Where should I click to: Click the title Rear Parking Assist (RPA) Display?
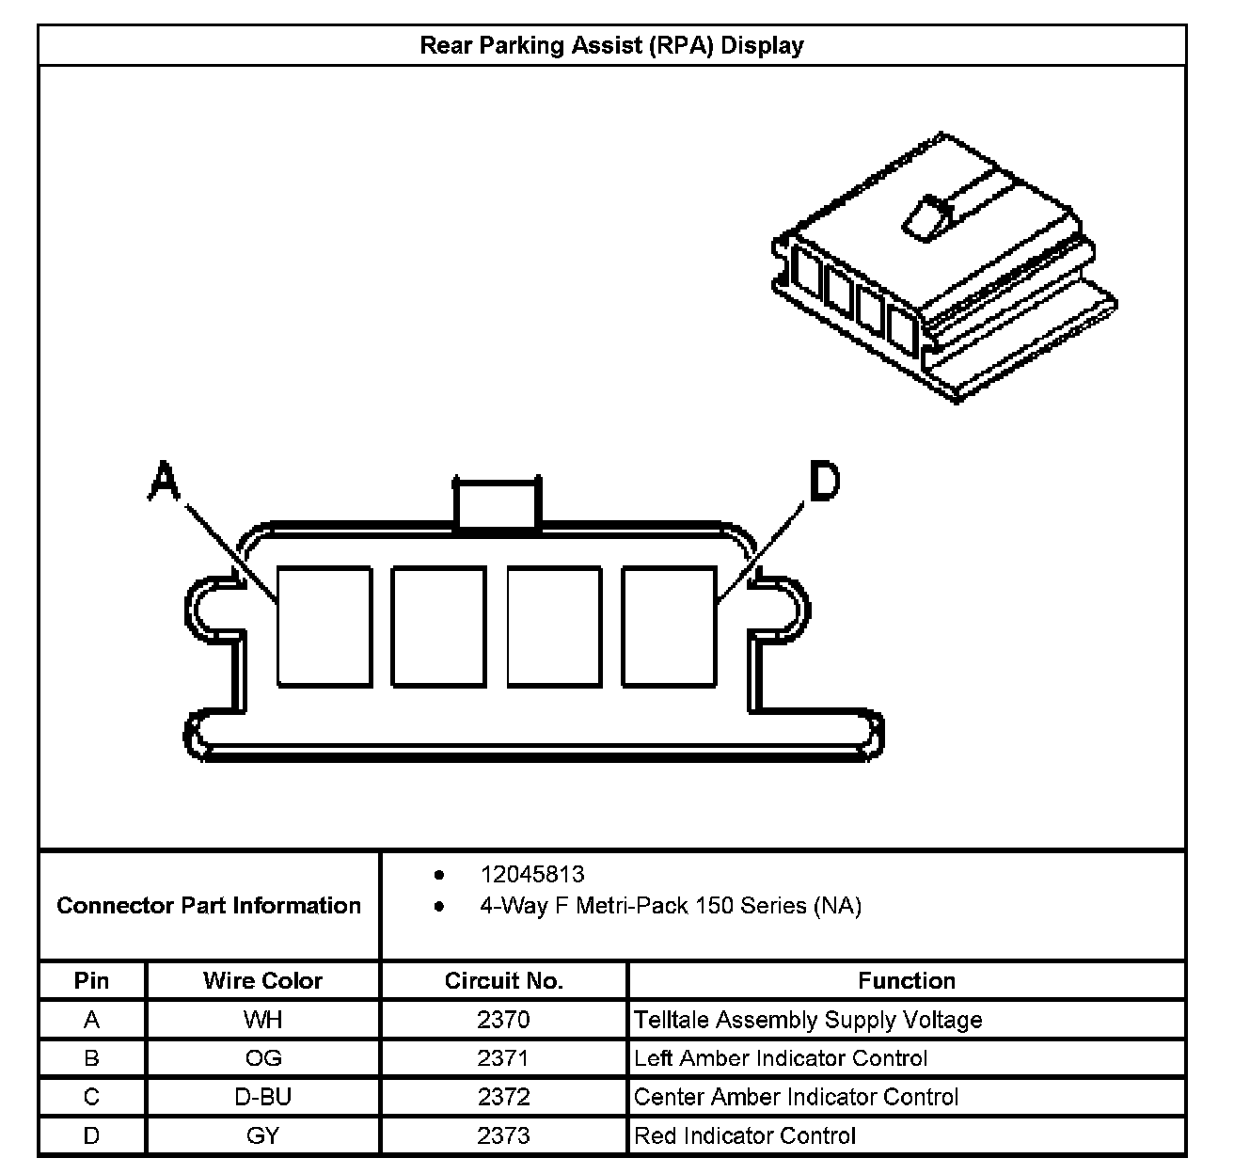pos(611,45)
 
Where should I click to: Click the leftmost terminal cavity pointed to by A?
pos(324,626)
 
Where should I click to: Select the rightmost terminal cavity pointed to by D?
pos(669,626)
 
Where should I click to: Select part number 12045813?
pos(532,875)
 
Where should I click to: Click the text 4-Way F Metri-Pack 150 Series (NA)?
pos(671,906)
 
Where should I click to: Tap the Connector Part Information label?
pos(209,906)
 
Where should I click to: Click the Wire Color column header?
pos(262,981)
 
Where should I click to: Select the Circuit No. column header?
pos(503,981)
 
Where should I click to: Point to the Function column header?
pos(906,981)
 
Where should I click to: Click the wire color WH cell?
pos(262,1020)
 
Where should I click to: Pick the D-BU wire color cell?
pos(262,1097)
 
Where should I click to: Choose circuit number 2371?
pos(503,1058)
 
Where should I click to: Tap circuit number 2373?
pos(503,1135)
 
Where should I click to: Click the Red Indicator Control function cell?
pos(745,1135)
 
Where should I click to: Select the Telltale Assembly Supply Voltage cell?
pos(808,1020)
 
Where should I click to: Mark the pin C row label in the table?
pos(91,1097)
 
